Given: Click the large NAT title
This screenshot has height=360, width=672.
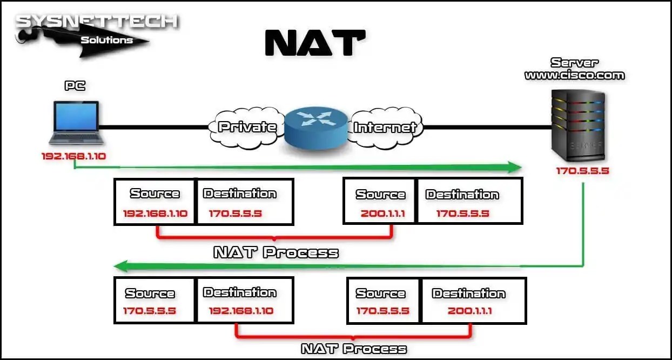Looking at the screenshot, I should tap(315, 43).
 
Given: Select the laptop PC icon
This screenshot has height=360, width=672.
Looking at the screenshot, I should tap(75, 123).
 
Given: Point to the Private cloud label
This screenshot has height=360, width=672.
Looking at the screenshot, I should tap(247, 128).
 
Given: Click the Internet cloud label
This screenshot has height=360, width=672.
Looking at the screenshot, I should tap(385, 128).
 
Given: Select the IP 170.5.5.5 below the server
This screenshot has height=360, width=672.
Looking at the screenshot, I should tap(582, 171).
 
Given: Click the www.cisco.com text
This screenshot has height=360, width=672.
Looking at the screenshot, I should tap(574, 76).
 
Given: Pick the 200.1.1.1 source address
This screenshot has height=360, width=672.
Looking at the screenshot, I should tap(380, 214).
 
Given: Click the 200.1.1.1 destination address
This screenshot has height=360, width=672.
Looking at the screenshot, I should tap(469, 311).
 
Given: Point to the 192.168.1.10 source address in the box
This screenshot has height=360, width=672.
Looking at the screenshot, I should tap(155, 214).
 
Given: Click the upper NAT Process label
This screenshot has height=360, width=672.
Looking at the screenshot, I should tap(276, 252).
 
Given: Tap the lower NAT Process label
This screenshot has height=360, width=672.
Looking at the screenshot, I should tap(353, 349).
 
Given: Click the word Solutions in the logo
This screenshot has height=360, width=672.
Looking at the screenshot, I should tap(106, 40).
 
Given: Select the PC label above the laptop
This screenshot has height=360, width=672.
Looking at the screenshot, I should tap(75, 86).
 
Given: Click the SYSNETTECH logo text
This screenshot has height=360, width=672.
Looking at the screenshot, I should tap(96, 22).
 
